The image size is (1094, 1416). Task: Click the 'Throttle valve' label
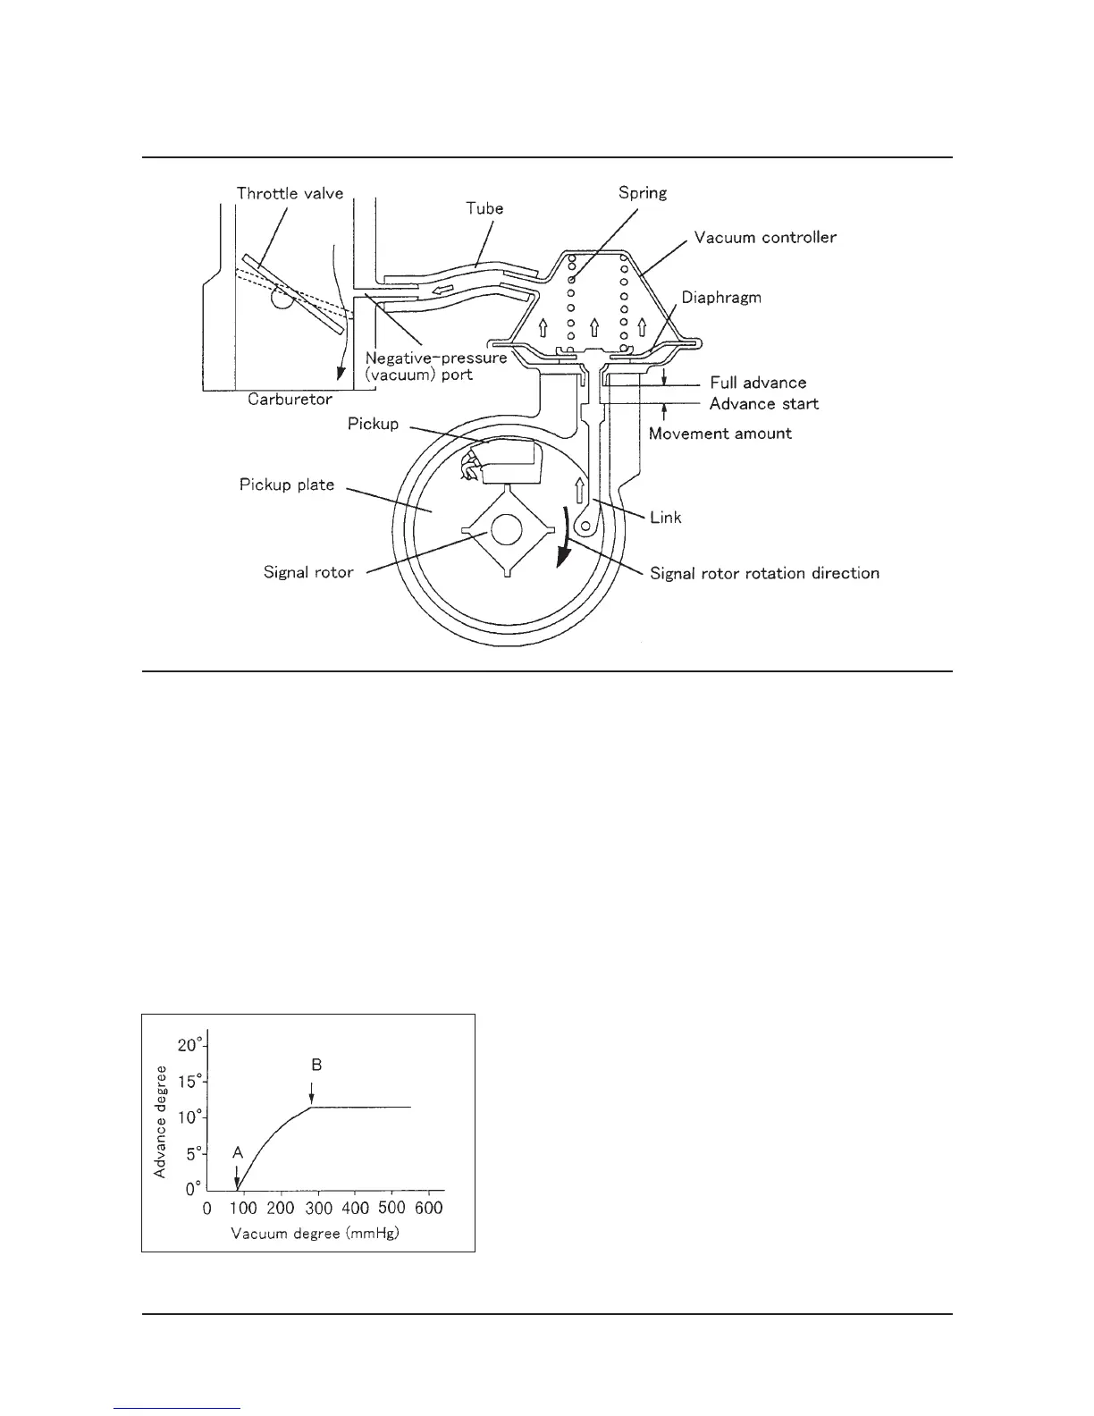[x=290, y=193]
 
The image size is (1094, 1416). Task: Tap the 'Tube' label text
[x=485, y=208]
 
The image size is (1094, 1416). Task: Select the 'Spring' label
[x=642, y=192]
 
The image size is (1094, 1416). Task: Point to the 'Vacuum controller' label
[x=765, y=237]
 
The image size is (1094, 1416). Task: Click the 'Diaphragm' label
[x=721, y=297]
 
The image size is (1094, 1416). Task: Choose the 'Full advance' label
[x=758, y=383]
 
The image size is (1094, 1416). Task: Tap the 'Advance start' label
[x=764, y=403]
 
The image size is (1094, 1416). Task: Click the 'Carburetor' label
[x=290, y=400]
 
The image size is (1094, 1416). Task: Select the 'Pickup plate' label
[x=287, y=485]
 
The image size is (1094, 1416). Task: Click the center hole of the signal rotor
[x=505, y=531]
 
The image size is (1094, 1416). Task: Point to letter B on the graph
[x=316, y=1065]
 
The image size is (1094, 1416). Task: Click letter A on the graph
[x=238, y=1153]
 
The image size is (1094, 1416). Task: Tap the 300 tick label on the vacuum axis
[x=318, y=1209]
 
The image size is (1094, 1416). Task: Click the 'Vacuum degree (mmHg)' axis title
[x=316, y=1235]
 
